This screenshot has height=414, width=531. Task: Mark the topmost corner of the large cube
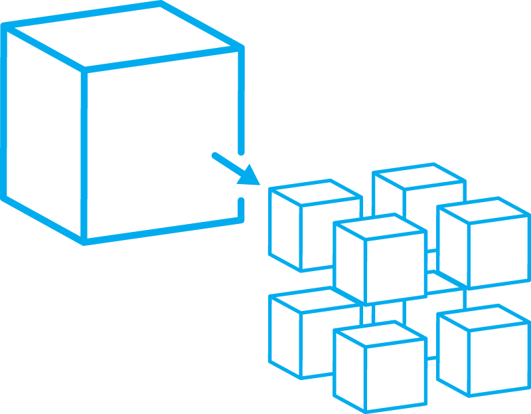[159, 3]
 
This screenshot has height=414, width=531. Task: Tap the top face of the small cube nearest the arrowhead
[315, 192]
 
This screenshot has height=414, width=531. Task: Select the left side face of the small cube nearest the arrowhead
[285, 229]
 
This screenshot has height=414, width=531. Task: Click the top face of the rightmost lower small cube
[484, 317]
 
